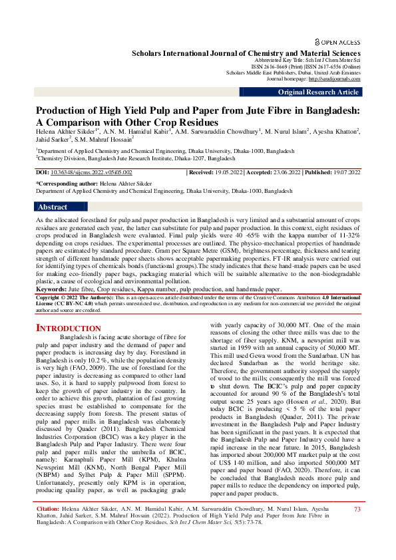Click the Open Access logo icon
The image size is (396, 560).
[318, 41]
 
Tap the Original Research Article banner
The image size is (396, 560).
[318, 92]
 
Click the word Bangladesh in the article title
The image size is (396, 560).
[329, 111]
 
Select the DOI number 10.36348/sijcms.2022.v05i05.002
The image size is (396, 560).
[83, 172]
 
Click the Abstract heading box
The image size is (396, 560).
[53, 207]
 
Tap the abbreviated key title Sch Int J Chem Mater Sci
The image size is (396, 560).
[329, 59]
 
